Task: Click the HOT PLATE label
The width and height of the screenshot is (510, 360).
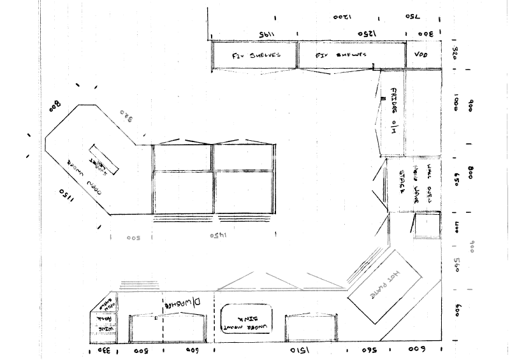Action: (384, 294)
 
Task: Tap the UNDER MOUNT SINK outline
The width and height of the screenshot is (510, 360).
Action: (246, 319)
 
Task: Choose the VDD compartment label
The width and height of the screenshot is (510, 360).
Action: (421, 55)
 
